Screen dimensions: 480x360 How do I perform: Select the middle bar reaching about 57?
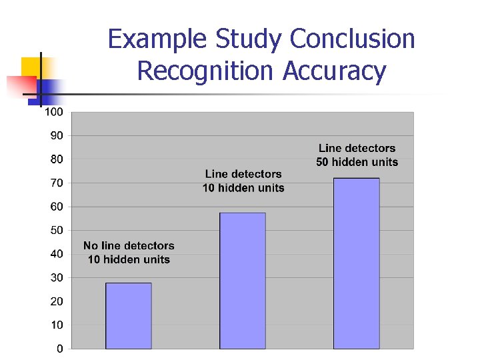243,280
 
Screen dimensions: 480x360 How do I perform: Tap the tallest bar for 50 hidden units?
356,263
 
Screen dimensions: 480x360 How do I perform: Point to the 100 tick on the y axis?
53,112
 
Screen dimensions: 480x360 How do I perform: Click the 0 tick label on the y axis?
59,348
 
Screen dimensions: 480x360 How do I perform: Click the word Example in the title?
158,40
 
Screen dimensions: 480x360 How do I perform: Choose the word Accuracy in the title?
334,71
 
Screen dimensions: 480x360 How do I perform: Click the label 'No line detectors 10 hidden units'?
129,253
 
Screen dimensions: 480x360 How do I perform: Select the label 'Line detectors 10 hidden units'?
243,181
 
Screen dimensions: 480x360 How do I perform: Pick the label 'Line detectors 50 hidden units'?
357,155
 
